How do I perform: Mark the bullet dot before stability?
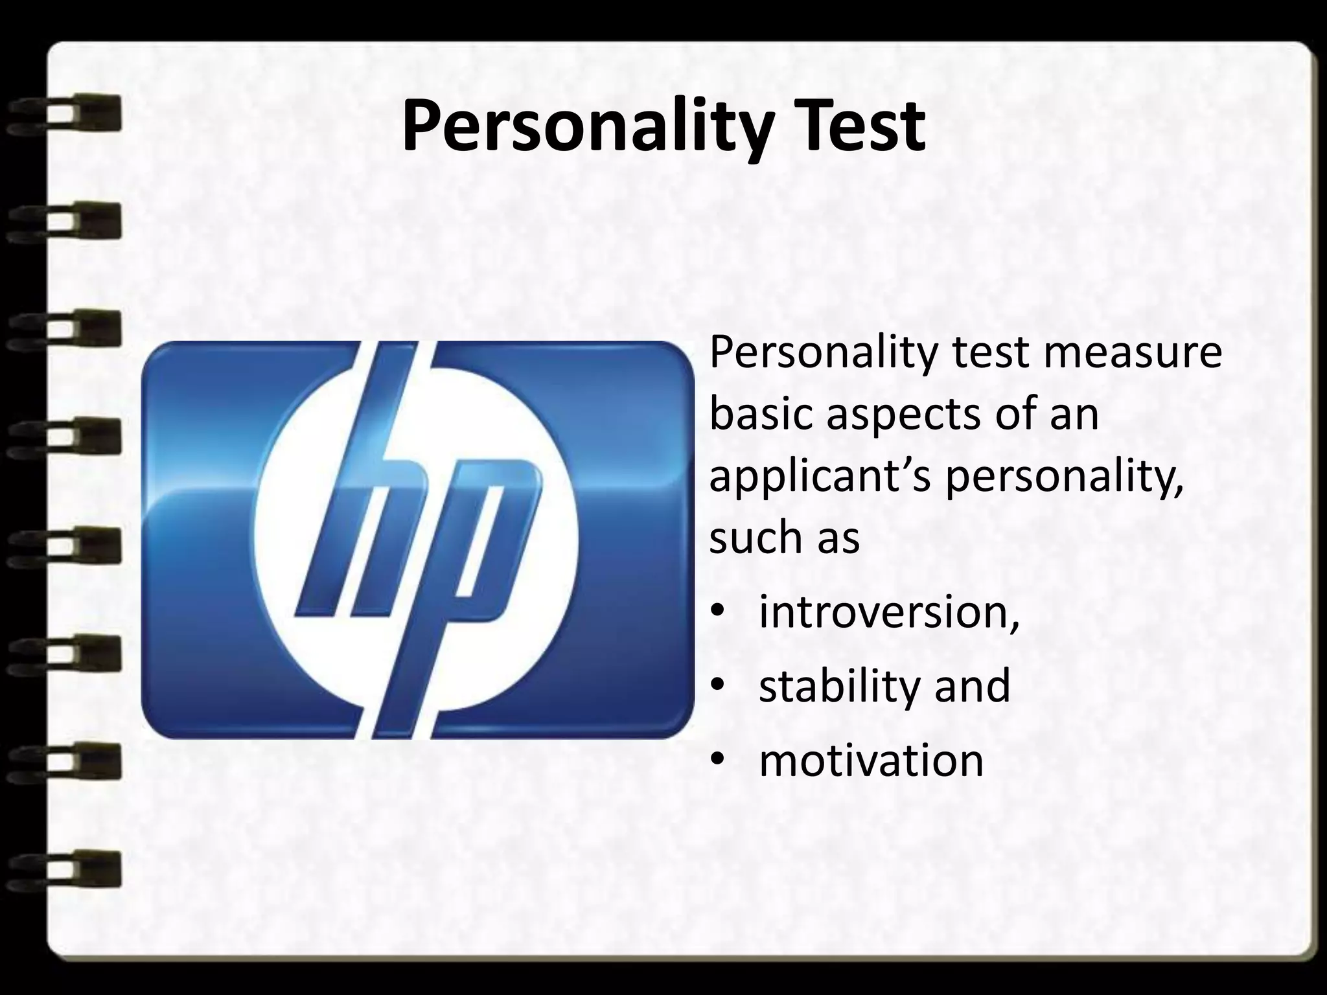[x=717, y=687]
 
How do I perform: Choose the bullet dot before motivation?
[x=717, y=762]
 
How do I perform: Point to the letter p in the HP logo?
[x=473, y=557]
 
